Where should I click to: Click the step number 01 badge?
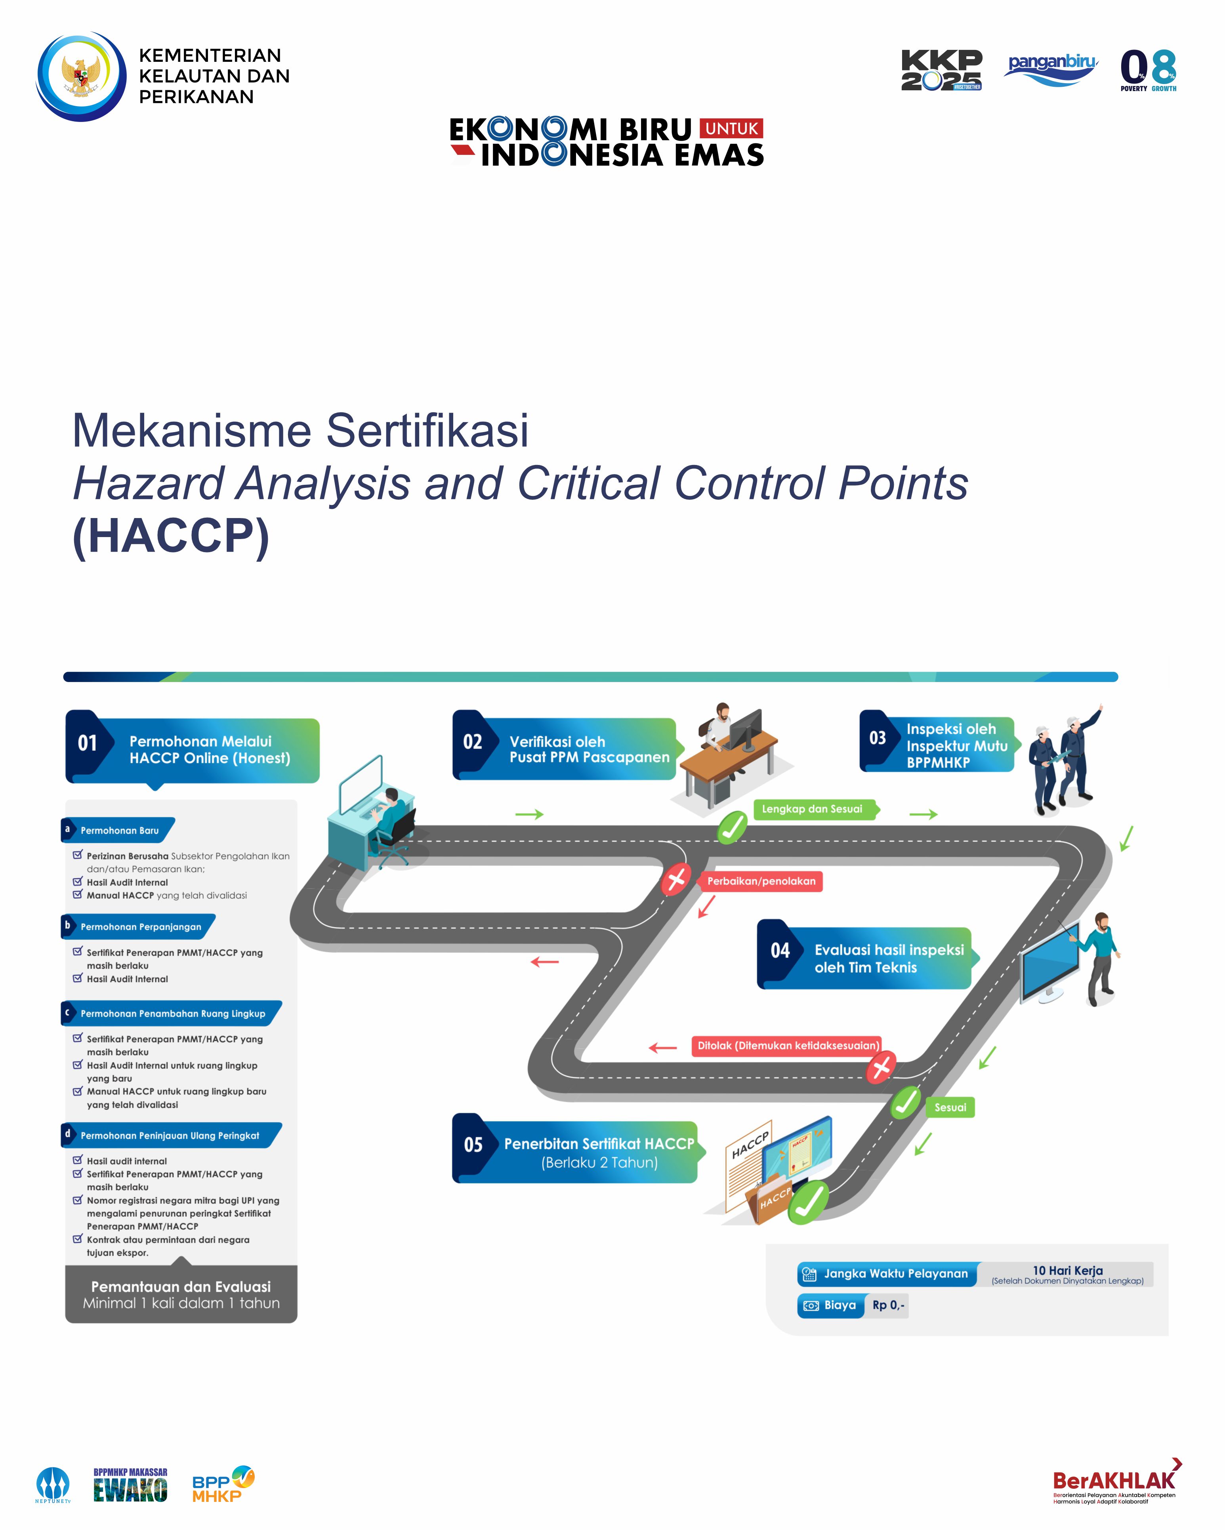(87, 743)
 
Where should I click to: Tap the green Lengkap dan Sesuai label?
(813, 809)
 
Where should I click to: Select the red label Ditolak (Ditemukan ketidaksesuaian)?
(788, 1045)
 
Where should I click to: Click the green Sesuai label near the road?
(950, 1107)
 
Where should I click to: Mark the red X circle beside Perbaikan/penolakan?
(676, 879)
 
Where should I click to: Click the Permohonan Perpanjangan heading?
(141, 927)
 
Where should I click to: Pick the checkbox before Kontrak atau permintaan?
(77, 1239)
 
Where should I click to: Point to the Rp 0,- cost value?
(888, 1305)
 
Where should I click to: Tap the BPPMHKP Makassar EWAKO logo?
(131, 1484)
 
